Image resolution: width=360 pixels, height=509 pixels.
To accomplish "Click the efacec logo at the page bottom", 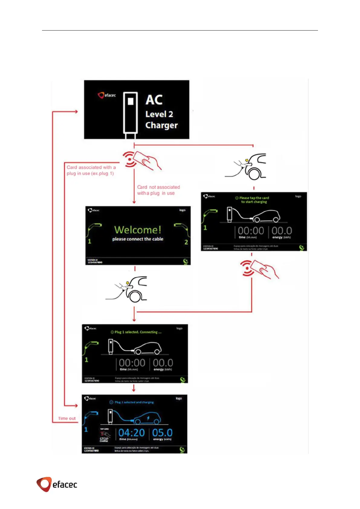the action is coord(57,484).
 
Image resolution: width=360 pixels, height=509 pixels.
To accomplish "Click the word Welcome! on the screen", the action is coord(138,230).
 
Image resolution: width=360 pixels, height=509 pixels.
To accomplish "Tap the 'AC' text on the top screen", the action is coord(154,100).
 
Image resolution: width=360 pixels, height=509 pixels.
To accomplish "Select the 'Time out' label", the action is coord(67,419).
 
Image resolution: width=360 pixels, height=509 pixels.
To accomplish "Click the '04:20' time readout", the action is coord(131,433).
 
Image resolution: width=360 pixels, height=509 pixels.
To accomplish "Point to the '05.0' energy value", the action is coord(162,433).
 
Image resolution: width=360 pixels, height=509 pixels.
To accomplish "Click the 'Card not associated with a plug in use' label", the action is coord(158,190).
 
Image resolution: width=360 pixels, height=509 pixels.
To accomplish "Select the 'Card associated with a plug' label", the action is coord(91,170).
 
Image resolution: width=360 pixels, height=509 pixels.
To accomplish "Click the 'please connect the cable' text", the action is coord(138,239).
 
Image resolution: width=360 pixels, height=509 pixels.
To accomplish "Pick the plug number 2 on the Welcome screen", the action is coord(186,242).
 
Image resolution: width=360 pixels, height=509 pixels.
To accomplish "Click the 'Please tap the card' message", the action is coord(254,200).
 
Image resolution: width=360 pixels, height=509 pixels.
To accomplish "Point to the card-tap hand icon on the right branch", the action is coord(260,269).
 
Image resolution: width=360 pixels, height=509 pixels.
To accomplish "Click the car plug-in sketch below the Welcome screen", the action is coord(127,289).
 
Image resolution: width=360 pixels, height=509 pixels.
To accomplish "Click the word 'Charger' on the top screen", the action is coord(161,125).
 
